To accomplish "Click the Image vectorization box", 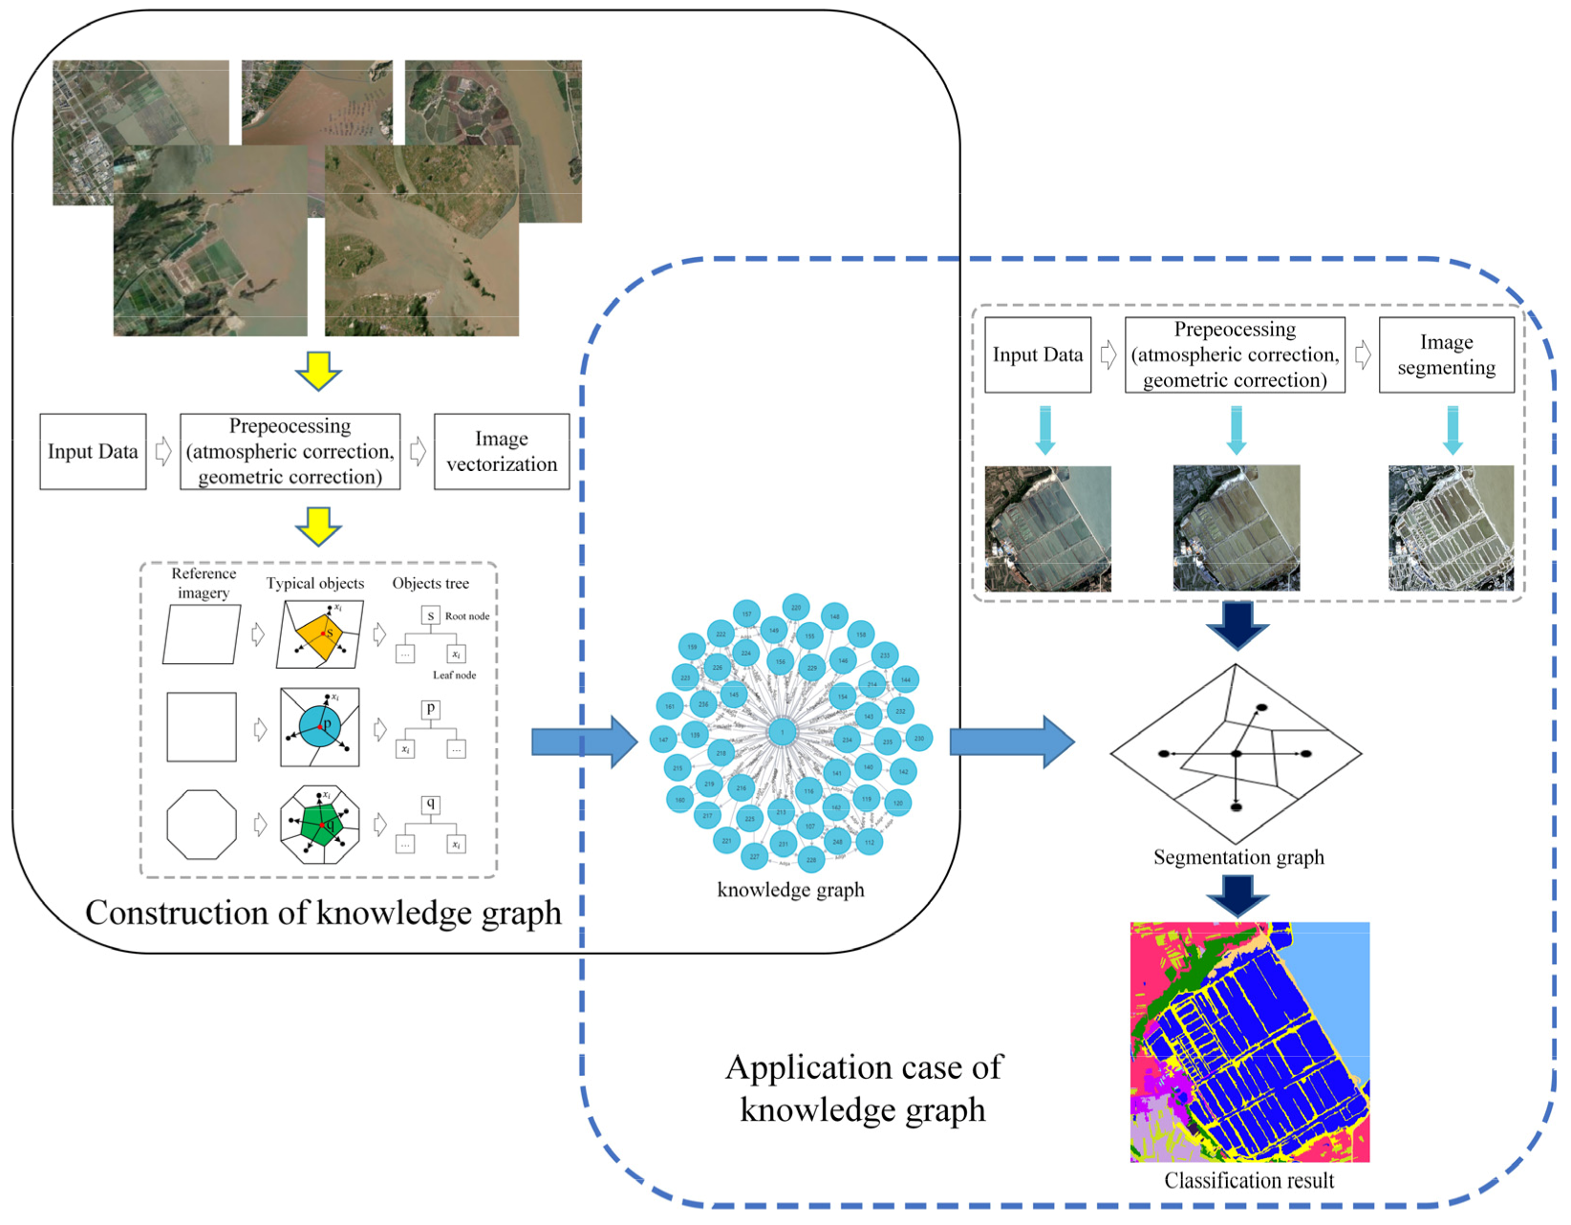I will [x=501, y=452].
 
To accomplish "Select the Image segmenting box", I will [x=1445, y=355].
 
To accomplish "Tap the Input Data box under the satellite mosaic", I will [x=93, y=452].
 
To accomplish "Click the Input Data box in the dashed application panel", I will [x=1037, y=355].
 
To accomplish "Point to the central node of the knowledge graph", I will [x=782, y=733].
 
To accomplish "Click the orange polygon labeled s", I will [x=319, y=635].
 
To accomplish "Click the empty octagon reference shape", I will [x=201, y=824].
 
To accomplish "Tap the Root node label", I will [x=466, y=616].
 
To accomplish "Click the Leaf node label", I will [x=454, y=675].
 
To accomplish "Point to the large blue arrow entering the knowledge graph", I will [x=583, y=741].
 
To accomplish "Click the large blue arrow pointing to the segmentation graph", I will [x=1011, y=741].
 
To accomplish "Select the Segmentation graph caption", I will [x=1237, y=857].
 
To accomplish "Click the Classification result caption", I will [x=1248, y=1181].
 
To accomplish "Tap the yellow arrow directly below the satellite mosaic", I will [x=318, y=371].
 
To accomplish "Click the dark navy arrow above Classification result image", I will [x=1237, y=896].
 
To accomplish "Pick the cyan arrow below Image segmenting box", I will [x=1453, y=430].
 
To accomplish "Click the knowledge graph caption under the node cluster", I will [x=790, y=890].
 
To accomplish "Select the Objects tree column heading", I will [x=430, y=583].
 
